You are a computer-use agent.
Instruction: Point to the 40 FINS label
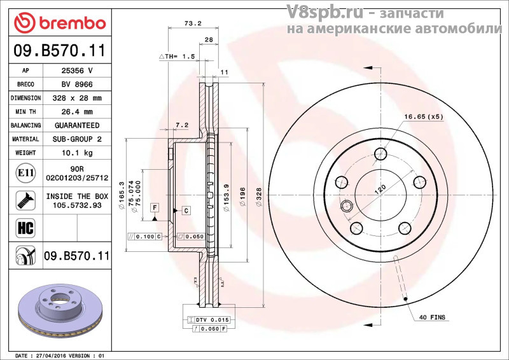432,316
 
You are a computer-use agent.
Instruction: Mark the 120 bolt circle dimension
380,189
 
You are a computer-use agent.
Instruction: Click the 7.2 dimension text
182,125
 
